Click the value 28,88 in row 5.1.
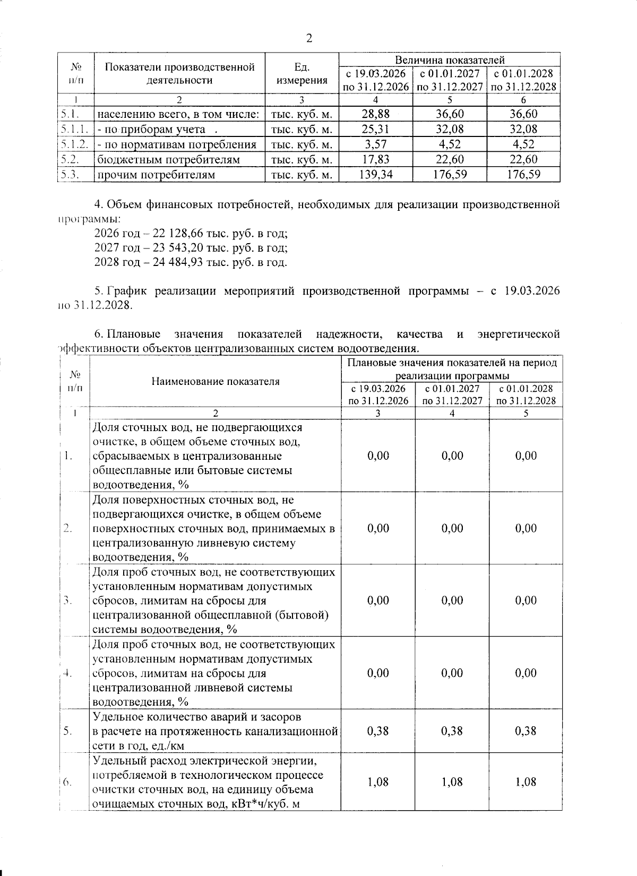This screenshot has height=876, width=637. click(x=376, y=114)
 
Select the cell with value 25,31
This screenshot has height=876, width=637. click(x=376, y=129)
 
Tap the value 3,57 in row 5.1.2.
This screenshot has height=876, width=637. click(x=376, y=144)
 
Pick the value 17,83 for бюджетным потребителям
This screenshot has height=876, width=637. click(x=376, y=159)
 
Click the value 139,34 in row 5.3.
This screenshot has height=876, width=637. click(x=376, y=174)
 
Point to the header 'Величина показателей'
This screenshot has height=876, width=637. click(x=449, y=60)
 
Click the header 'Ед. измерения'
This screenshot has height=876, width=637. click(x=302, y=74)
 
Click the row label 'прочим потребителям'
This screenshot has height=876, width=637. click(x=156, y=175)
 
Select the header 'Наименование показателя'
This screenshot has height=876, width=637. click(x=215, y=381)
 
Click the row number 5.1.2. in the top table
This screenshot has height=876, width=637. click(x=74, y=144)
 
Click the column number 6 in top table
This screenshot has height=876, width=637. click(x=523, y=100)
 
